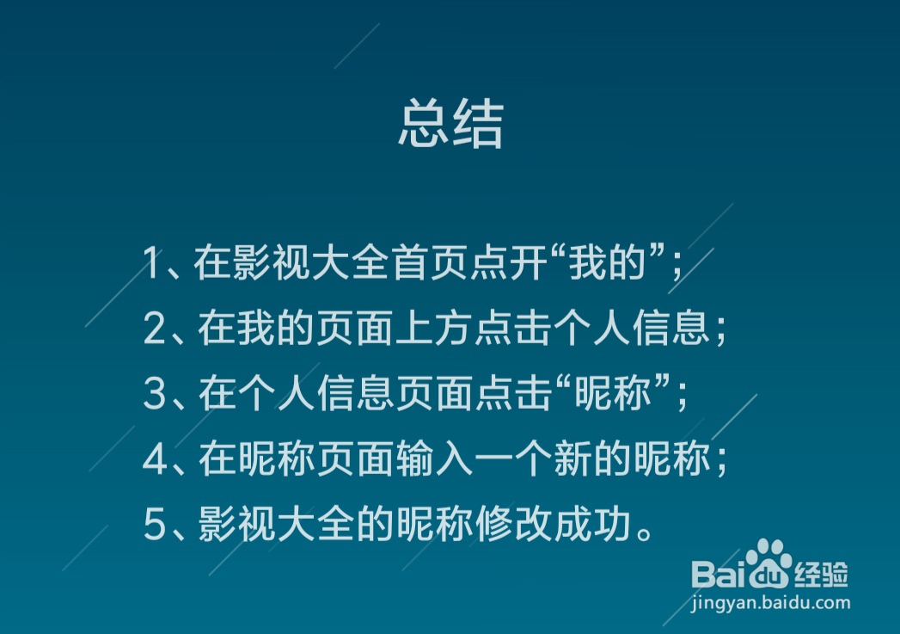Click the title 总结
(450, 125)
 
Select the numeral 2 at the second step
(155, 328)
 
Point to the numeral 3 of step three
(155, 393)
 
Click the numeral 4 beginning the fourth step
(155, 459)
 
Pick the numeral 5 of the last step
(155, 524)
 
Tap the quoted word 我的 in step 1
(608, 262)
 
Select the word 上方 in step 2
(435, 328)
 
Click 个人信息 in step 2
(632, 328)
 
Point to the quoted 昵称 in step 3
(613, 393)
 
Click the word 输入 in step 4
(435, 459)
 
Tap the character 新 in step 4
(572, 459)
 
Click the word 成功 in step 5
(592, 524)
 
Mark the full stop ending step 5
(645, 535)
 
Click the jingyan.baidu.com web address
(771, 604)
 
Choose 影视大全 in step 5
(276, 524)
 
